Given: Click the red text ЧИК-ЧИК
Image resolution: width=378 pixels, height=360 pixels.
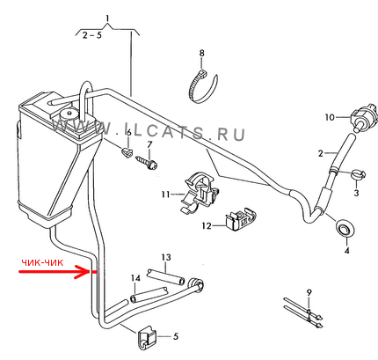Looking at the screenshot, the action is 42,262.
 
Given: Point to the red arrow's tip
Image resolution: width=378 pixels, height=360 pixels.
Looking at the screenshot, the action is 89,272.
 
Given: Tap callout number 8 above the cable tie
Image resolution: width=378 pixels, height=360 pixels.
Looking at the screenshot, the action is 201,53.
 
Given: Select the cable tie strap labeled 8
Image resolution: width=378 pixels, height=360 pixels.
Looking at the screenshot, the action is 202,87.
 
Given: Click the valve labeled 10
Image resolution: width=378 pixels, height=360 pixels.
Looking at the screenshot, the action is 362,115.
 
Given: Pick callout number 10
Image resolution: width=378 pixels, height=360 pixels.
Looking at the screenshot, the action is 330,117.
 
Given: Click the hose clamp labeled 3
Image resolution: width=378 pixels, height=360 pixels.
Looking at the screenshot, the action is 358,173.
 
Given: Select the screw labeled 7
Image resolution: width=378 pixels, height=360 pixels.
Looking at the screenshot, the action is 148,163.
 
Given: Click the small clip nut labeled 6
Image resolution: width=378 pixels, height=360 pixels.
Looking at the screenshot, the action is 127,152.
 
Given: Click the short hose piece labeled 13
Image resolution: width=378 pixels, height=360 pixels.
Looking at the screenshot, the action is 165,276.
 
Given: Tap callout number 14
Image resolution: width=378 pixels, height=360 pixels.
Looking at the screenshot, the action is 135,278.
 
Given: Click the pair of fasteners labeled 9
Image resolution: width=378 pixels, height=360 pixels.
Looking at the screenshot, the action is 303,312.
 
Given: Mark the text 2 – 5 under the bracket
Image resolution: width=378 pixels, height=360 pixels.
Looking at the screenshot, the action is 91,36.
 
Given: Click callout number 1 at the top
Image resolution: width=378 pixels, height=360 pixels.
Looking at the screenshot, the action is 107,18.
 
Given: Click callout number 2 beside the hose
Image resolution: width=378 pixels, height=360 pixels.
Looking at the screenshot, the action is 320,153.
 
